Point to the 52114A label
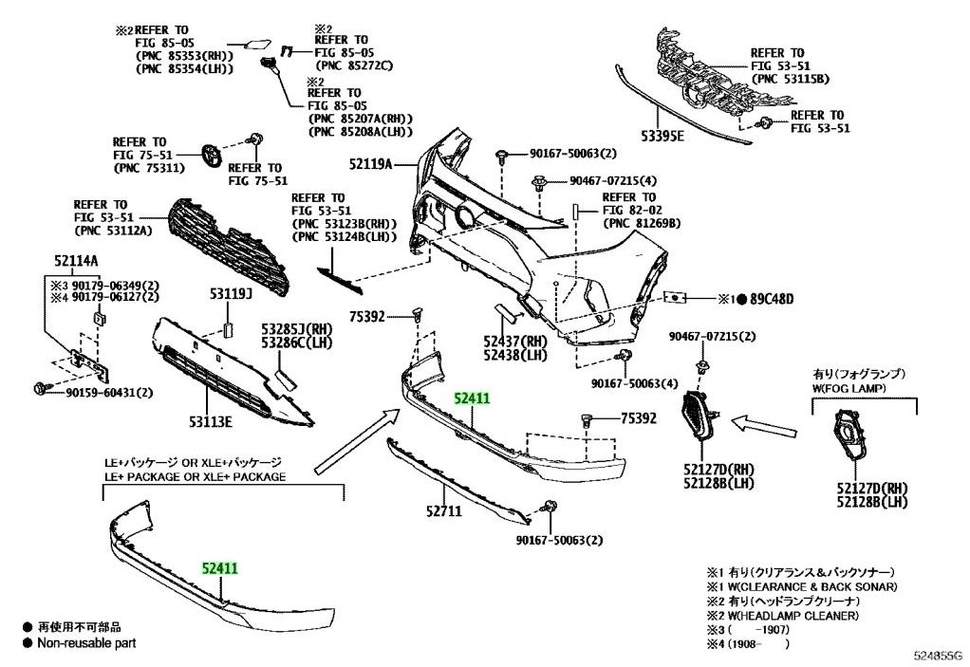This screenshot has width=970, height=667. pos(74,261)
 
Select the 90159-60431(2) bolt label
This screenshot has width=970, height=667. pos(111,393)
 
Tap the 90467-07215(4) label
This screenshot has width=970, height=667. pos(613,181)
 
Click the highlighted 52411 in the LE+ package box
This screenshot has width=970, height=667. pos(219,567)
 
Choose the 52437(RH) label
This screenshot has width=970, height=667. pos(514,341)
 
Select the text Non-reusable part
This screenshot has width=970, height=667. pos(86,643)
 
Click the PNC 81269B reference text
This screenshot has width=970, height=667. pos(642,224)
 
